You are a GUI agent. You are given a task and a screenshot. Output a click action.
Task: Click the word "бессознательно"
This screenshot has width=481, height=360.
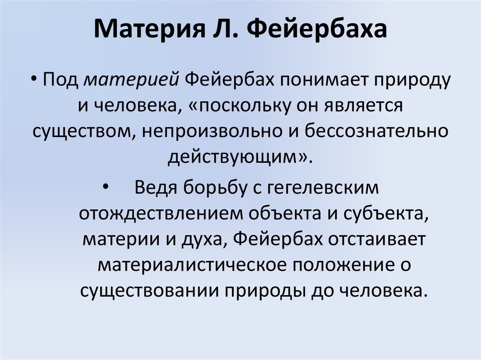(x=374, y=131)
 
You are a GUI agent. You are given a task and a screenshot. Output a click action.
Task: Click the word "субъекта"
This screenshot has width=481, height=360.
(x=388, y=214)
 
